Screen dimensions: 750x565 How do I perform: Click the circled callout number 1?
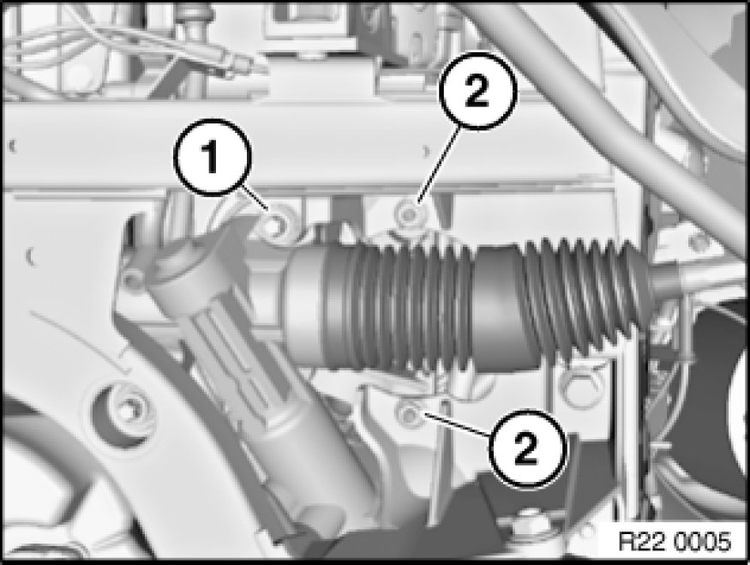pyautogui.click(x=212, y=158)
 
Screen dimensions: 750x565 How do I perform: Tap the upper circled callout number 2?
pyautogui.click(x=477, y=90)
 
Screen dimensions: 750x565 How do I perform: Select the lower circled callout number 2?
pyautogui.click(x=526, y=448)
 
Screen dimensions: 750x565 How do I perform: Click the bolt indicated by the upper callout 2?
pyautogui.click(x=408, y=215)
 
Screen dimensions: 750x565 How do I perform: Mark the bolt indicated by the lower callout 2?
pyautogui.click(x=408, y=414)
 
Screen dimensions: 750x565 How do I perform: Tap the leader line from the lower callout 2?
pyautogui.click(x=455, y=425)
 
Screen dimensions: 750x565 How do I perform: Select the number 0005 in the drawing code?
pyautogui.click(x=704, y=542)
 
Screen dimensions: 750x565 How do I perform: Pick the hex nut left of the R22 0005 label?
pyautogui.click(x=528, y=521)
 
